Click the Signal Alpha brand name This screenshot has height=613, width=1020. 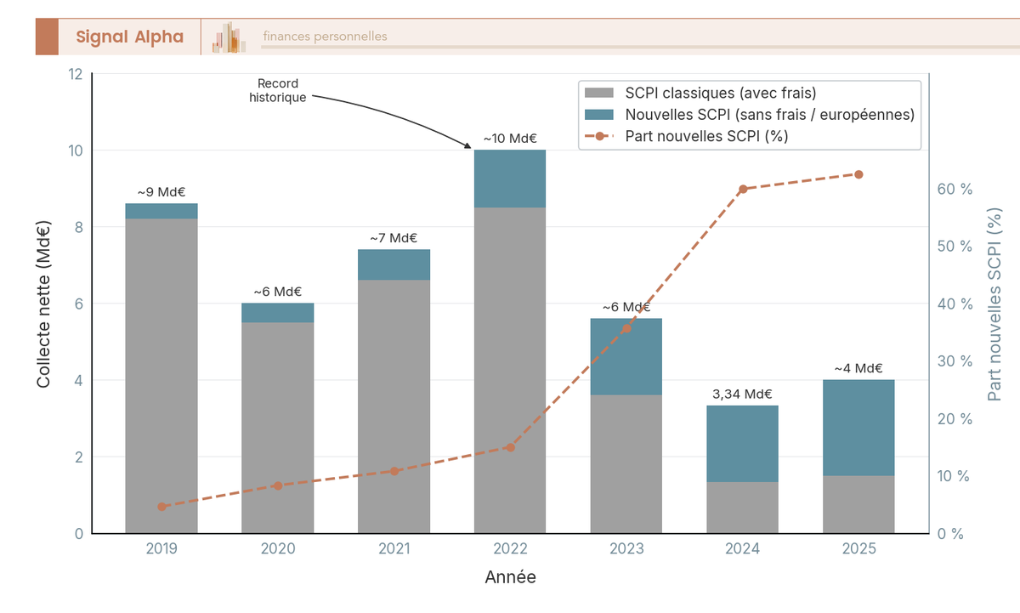tap(129, 37)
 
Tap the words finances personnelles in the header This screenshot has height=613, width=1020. tap(325, 37)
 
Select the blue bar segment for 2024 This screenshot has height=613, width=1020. tap(743, 444)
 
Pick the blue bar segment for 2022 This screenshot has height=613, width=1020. tap(510, 179)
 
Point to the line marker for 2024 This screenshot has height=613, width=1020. tap(743, 189)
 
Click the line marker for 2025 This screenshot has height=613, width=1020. tap(858, 174)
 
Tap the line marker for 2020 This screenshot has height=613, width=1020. tap(278, 485)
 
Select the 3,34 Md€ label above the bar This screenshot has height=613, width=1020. tap(742, 394)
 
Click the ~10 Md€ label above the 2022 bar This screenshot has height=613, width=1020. tap(510, 138)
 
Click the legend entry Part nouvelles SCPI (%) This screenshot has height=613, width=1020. tap(706, 136)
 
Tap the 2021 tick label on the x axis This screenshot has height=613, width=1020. tap(394, 549)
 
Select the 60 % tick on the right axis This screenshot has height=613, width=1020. tap(954, 189)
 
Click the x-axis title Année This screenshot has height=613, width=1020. tap(510, 577)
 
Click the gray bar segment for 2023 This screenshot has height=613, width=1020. tap(626, 464)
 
